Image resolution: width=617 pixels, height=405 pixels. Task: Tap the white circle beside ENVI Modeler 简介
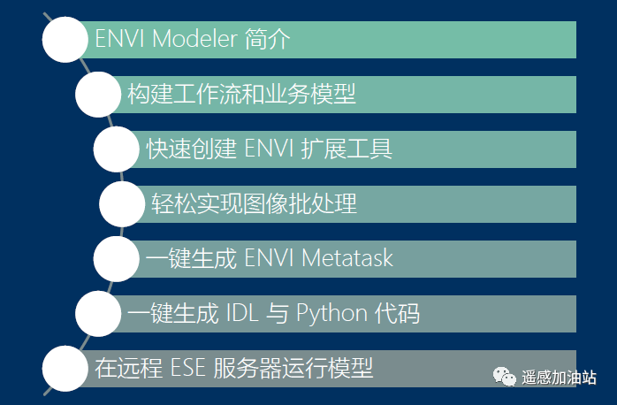point(65,40)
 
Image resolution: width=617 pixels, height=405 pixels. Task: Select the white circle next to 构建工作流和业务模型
point(98,95)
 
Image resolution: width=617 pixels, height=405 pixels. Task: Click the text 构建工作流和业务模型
point(241,95)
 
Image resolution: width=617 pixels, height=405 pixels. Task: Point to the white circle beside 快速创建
point(117,149)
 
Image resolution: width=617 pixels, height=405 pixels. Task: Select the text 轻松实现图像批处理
point(253,204)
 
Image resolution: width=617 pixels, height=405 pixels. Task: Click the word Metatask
point(347,259)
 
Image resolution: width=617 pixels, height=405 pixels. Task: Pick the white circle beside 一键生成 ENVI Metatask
point(117,259)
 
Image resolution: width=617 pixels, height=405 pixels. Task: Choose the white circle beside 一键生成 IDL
point(98,314)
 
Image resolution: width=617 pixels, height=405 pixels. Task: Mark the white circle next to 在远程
point(65,369)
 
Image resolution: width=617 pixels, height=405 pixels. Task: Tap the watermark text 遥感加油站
point(559,377)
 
